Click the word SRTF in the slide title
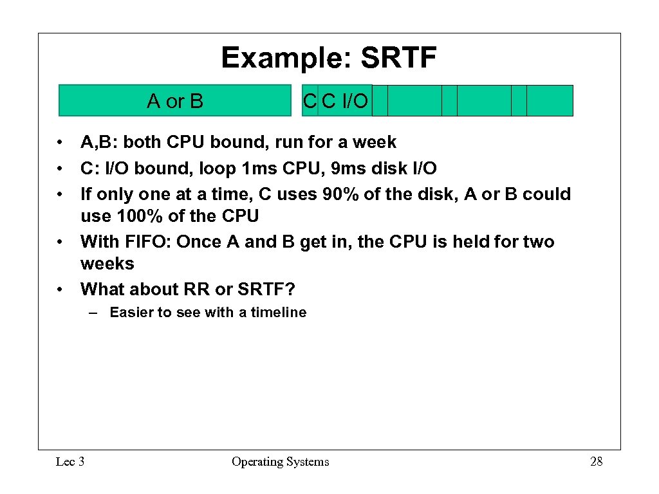coord(398,58)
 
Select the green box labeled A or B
coord(175,100)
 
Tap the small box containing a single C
coord(310,100)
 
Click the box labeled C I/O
coord(345,100)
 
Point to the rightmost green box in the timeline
coord(550,100)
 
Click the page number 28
coord(596,461)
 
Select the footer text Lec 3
coord(70,461)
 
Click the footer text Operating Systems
coord(280,461)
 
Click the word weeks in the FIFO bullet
coord(107,264)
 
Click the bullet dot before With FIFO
coord(59,242)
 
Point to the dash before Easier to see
coord(94,313)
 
